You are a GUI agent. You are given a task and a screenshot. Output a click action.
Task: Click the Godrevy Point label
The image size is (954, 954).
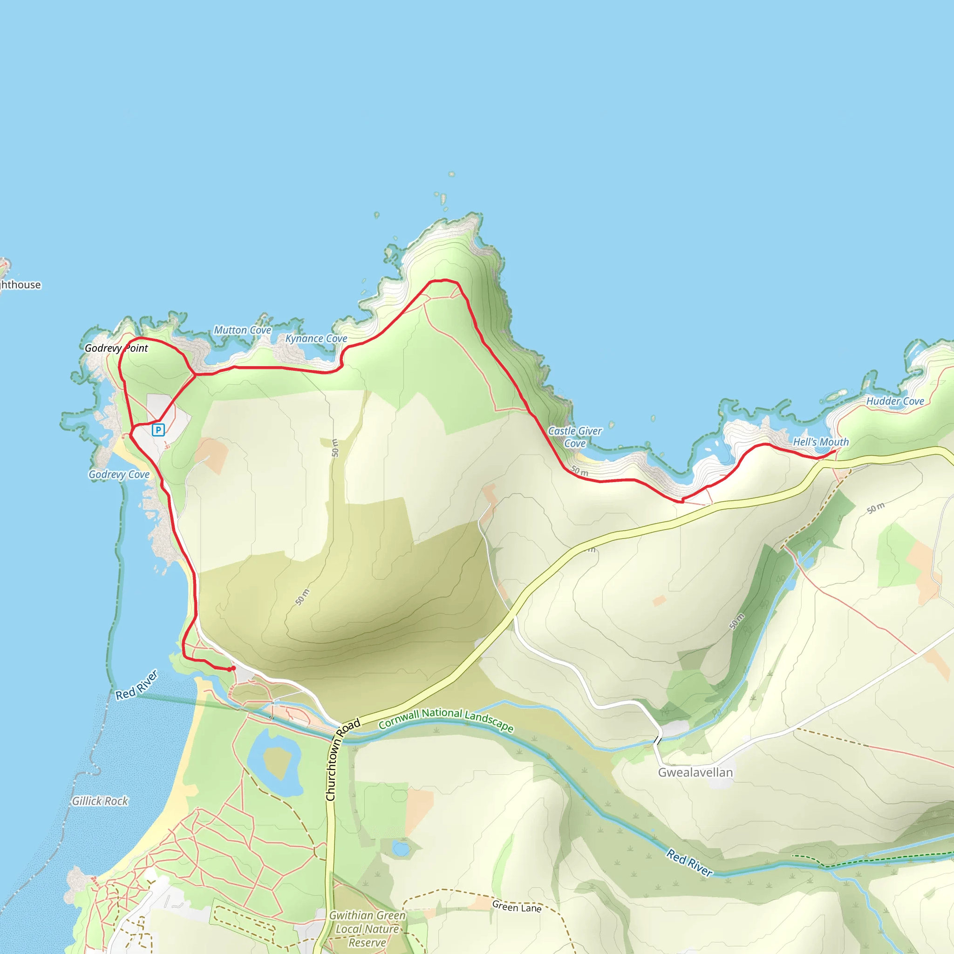116,348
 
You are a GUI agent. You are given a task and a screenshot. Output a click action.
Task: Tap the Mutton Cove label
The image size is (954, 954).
242,330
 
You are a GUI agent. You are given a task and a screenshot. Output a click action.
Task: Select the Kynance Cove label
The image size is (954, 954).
316,339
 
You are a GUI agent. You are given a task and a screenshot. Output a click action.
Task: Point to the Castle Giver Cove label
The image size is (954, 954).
575,437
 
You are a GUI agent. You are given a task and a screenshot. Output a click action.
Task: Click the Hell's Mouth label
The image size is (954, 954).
821,442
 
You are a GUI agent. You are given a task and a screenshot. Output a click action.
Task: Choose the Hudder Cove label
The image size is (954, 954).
895,401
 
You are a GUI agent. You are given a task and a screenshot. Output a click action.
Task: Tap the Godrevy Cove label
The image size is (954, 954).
119,475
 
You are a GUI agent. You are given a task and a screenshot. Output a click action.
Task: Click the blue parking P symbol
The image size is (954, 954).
158,429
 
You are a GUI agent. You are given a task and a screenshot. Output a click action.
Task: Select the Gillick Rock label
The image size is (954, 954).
100,800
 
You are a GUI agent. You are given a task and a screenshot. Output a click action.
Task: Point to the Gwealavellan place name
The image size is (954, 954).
695,772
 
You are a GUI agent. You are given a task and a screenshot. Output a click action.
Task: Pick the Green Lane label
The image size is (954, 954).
517,906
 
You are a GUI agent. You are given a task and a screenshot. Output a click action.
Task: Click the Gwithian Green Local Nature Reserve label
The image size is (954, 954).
368,929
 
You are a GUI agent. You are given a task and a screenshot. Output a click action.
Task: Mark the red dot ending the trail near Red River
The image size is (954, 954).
232,668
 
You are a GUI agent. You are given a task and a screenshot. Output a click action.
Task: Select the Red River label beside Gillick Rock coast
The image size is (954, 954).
137,685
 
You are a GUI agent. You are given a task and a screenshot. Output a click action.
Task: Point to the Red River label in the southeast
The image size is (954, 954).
689,862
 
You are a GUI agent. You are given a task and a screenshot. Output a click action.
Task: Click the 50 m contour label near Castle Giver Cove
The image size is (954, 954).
579,471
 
